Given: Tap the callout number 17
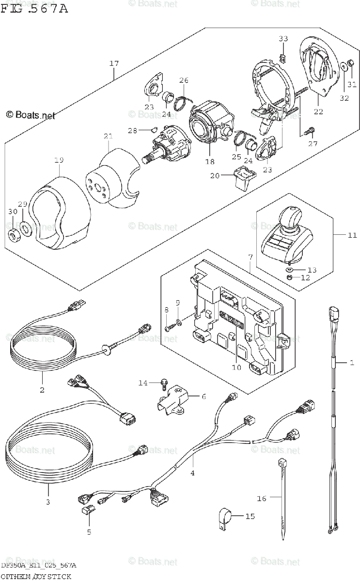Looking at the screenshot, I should click(x=114, y=63).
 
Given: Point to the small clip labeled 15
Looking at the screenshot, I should click(x=224, y=517).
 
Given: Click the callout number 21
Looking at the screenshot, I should click(x=108, y=136).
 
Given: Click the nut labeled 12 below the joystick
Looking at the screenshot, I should click(x=289, y=277).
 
